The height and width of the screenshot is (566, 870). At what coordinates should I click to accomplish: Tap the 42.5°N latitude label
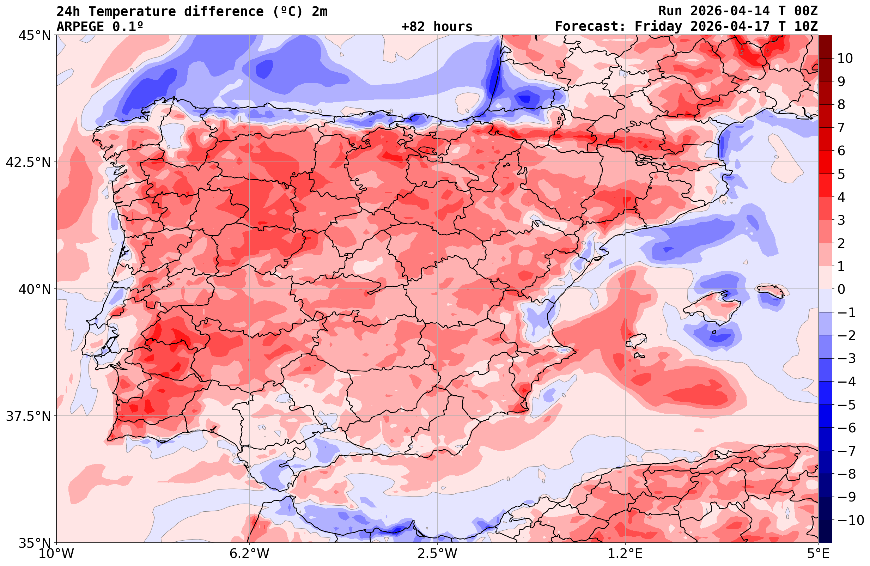tap(28, 162)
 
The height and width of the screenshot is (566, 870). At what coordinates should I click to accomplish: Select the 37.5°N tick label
tap(28, 416)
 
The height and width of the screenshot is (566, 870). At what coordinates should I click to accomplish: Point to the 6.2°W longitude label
tap(249, 554)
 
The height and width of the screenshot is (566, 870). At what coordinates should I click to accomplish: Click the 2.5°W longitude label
tap(437, 554)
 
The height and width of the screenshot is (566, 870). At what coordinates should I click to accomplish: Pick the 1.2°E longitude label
tap(625, 554)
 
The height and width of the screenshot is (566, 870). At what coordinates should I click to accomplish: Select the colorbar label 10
tap(845, 58)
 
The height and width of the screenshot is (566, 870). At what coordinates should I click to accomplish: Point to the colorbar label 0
tap(841, 289)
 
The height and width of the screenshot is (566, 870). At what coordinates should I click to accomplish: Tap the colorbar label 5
tap(841, 174)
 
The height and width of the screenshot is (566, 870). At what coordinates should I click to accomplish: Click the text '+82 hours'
tap(437, 27)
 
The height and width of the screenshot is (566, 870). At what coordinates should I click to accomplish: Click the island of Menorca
tap(771, 290)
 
